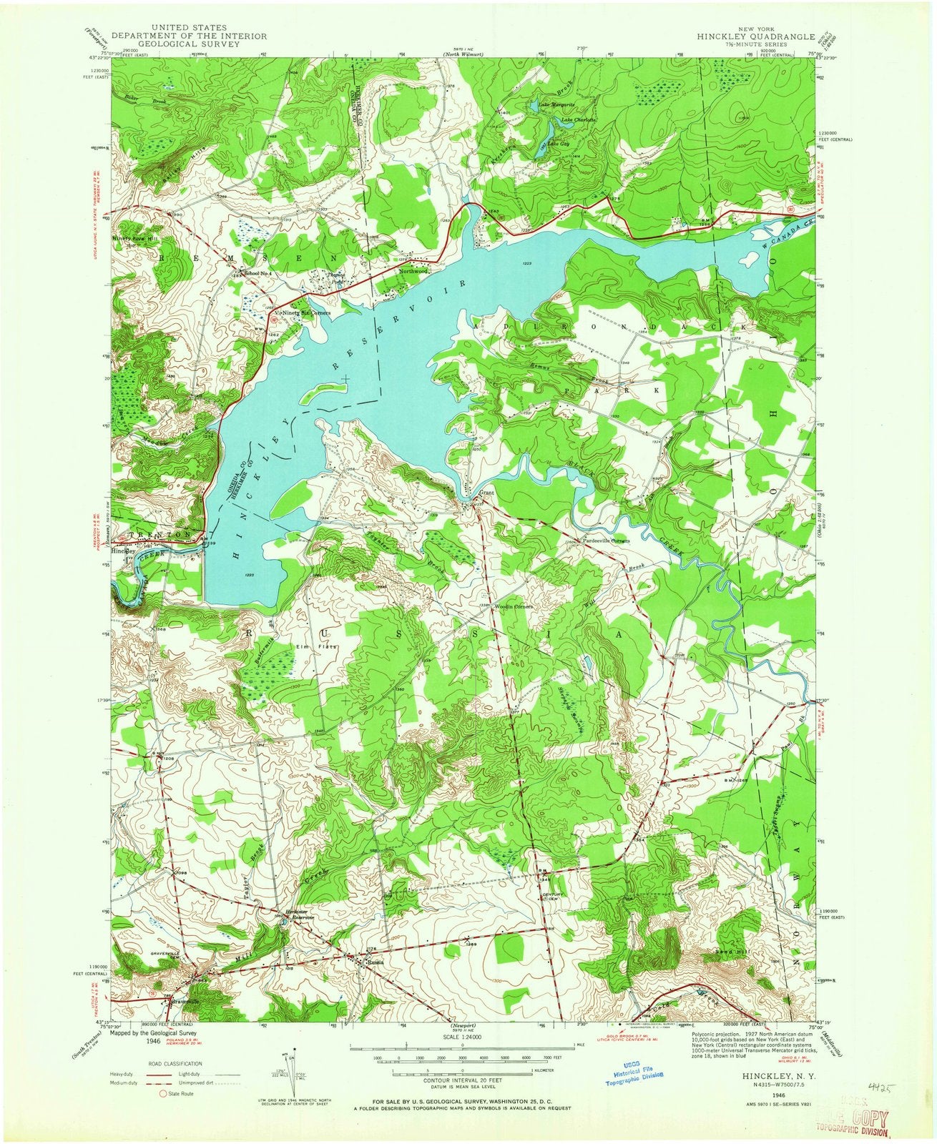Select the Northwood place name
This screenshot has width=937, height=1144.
pos(413,272)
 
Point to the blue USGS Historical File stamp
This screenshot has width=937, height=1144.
pos(639,1068)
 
